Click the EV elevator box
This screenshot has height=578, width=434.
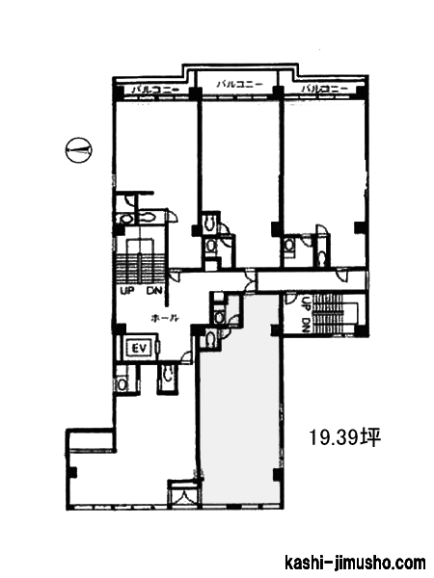tap(140, 348)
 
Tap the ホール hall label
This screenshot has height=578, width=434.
tap(165, 318)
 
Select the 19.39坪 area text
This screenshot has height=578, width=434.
tap(344, 437)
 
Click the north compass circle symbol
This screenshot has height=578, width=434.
tap(78, 150)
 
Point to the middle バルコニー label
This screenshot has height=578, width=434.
tap(239, 84)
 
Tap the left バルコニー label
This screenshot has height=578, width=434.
tap(155, 89)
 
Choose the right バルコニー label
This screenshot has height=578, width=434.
tap(325, 89)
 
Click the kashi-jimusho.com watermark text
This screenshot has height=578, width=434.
tap(355, 563)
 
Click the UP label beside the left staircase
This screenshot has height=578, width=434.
tap(127, 291)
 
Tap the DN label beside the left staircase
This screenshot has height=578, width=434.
tap(154, 291)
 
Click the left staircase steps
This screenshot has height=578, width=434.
tap(140, 267)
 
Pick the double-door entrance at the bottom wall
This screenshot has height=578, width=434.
tap(184, 495)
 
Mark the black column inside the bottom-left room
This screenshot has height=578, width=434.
tap(73, 472)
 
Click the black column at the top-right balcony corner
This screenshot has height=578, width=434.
tap(362, 92)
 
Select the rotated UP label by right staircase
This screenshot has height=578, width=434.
tap(306, 303)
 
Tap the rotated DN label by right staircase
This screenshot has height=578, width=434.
tap(306, 326)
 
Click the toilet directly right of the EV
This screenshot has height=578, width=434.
tap(168, 377)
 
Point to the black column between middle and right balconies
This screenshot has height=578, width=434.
tap(278, 92)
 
